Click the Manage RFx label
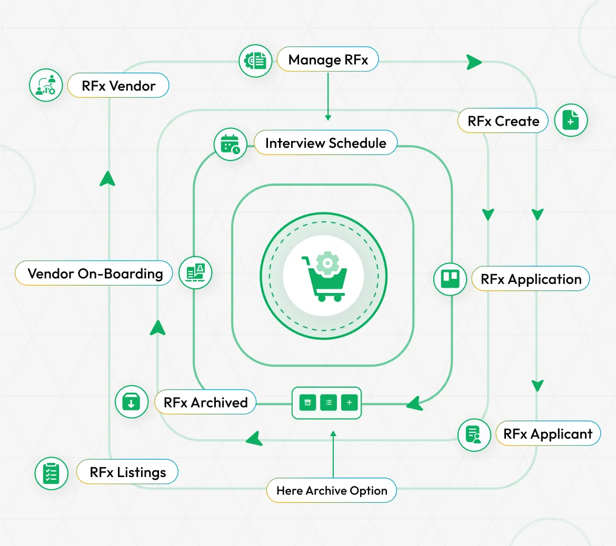pos(327,60)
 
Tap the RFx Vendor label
pos(118,86)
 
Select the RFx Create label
pos(503,121)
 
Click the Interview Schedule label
pos(325,143)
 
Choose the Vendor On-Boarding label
pos(95,274)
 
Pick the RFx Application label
pos(531,279)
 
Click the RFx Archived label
pos(205,402)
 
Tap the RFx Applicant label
pos(548,434)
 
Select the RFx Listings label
pos(127,472)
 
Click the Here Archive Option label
pos(332,491)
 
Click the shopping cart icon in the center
pos(323,276)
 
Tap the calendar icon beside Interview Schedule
pos(231,144)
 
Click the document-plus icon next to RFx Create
pos(571,120)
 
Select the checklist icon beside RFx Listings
pos(51,473)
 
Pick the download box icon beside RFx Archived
pos(131,402)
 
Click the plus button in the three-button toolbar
pos(349,403)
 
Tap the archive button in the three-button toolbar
pos(307,403)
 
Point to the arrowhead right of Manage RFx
pos(474,62)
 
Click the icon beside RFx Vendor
pos(46,85)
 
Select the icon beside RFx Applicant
pos(474,435)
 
